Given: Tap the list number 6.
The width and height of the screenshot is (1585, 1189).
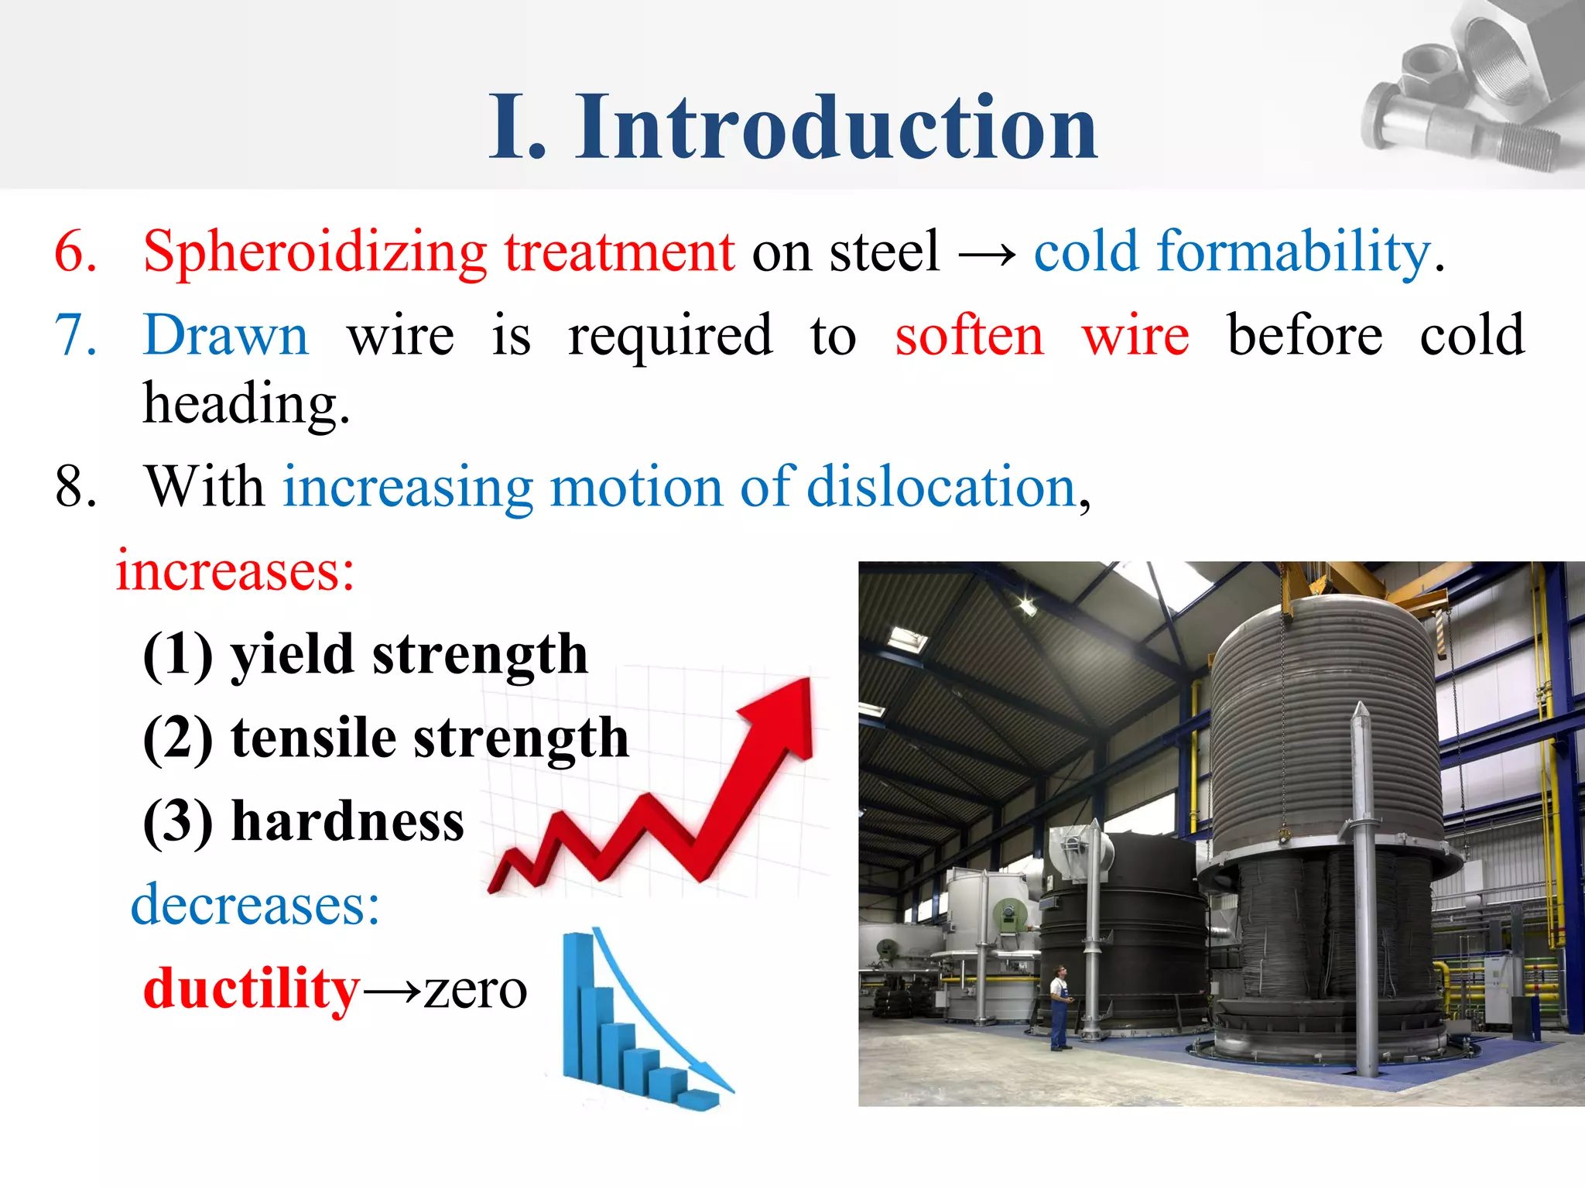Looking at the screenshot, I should point(75,252).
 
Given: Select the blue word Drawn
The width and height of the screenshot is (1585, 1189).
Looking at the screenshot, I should point(226,335).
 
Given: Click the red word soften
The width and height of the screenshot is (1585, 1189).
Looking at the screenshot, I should point(969,335).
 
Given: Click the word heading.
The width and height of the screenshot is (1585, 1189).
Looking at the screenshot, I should point(246,404).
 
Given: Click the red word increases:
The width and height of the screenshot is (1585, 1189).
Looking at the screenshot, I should point(235,571).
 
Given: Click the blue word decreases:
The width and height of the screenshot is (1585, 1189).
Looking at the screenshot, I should point(255,904).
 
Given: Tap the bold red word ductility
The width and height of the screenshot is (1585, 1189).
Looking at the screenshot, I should point(252,989).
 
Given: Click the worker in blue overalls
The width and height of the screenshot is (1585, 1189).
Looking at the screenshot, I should point(1058,1007).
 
